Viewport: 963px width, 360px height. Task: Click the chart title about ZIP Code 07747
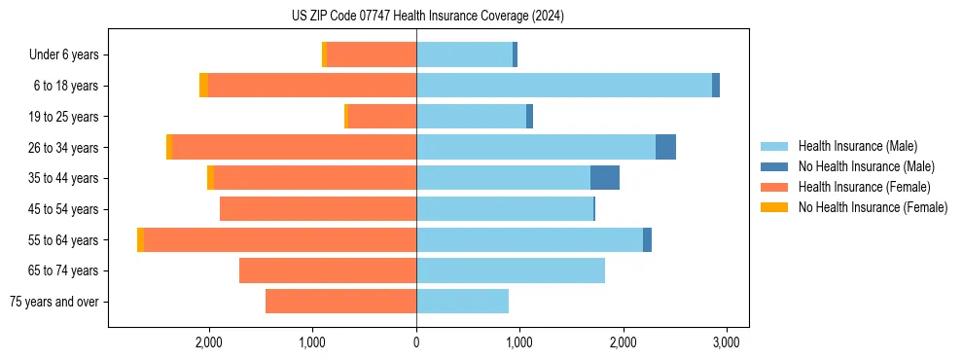(427, 16)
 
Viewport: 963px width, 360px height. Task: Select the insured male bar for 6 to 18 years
(564, 86)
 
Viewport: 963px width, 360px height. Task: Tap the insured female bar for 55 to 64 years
(280, 239)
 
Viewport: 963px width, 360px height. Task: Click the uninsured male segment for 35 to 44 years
(605, 178)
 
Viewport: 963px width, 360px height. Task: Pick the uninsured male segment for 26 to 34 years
(665, 147)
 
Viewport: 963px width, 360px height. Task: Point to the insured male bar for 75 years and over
(462, 302)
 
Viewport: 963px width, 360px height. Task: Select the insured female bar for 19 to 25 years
(381, 117)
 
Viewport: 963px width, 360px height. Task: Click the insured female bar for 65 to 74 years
(328, 270)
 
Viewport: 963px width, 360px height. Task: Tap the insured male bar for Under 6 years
(464, 54)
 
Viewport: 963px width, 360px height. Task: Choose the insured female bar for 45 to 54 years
(318, 209)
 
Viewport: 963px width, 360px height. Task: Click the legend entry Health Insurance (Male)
(857, 146)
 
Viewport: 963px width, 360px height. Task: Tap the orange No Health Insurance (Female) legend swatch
(774, 207)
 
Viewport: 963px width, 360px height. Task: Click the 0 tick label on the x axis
(416, 342)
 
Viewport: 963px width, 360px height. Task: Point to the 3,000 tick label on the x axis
(727, 342)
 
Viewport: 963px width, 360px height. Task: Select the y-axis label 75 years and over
(54, 302)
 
